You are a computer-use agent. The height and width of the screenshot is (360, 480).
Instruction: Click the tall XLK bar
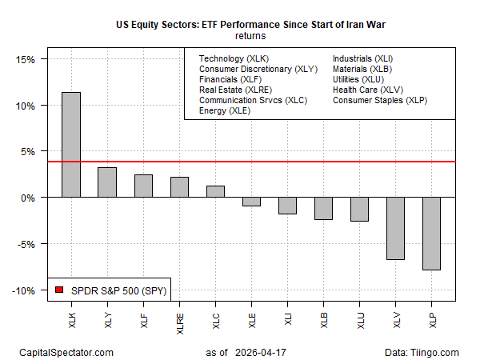(x=70, y=145)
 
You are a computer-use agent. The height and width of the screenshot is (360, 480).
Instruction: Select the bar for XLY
(x=107, y=182)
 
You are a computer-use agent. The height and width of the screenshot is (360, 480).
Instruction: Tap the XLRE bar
(x=180, y=187)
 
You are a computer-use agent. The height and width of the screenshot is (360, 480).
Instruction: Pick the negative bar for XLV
(x=395, y=228)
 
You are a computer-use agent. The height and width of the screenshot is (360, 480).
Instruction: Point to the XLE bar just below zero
(x=252, y=202)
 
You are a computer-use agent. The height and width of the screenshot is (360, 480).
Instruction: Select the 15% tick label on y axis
(x=25, y=59)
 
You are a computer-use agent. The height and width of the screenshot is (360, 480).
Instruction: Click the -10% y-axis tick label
(x=23, y=290)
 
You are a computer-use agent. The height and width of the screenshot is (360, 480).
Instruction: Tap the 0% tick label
(x=28, y=198)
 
